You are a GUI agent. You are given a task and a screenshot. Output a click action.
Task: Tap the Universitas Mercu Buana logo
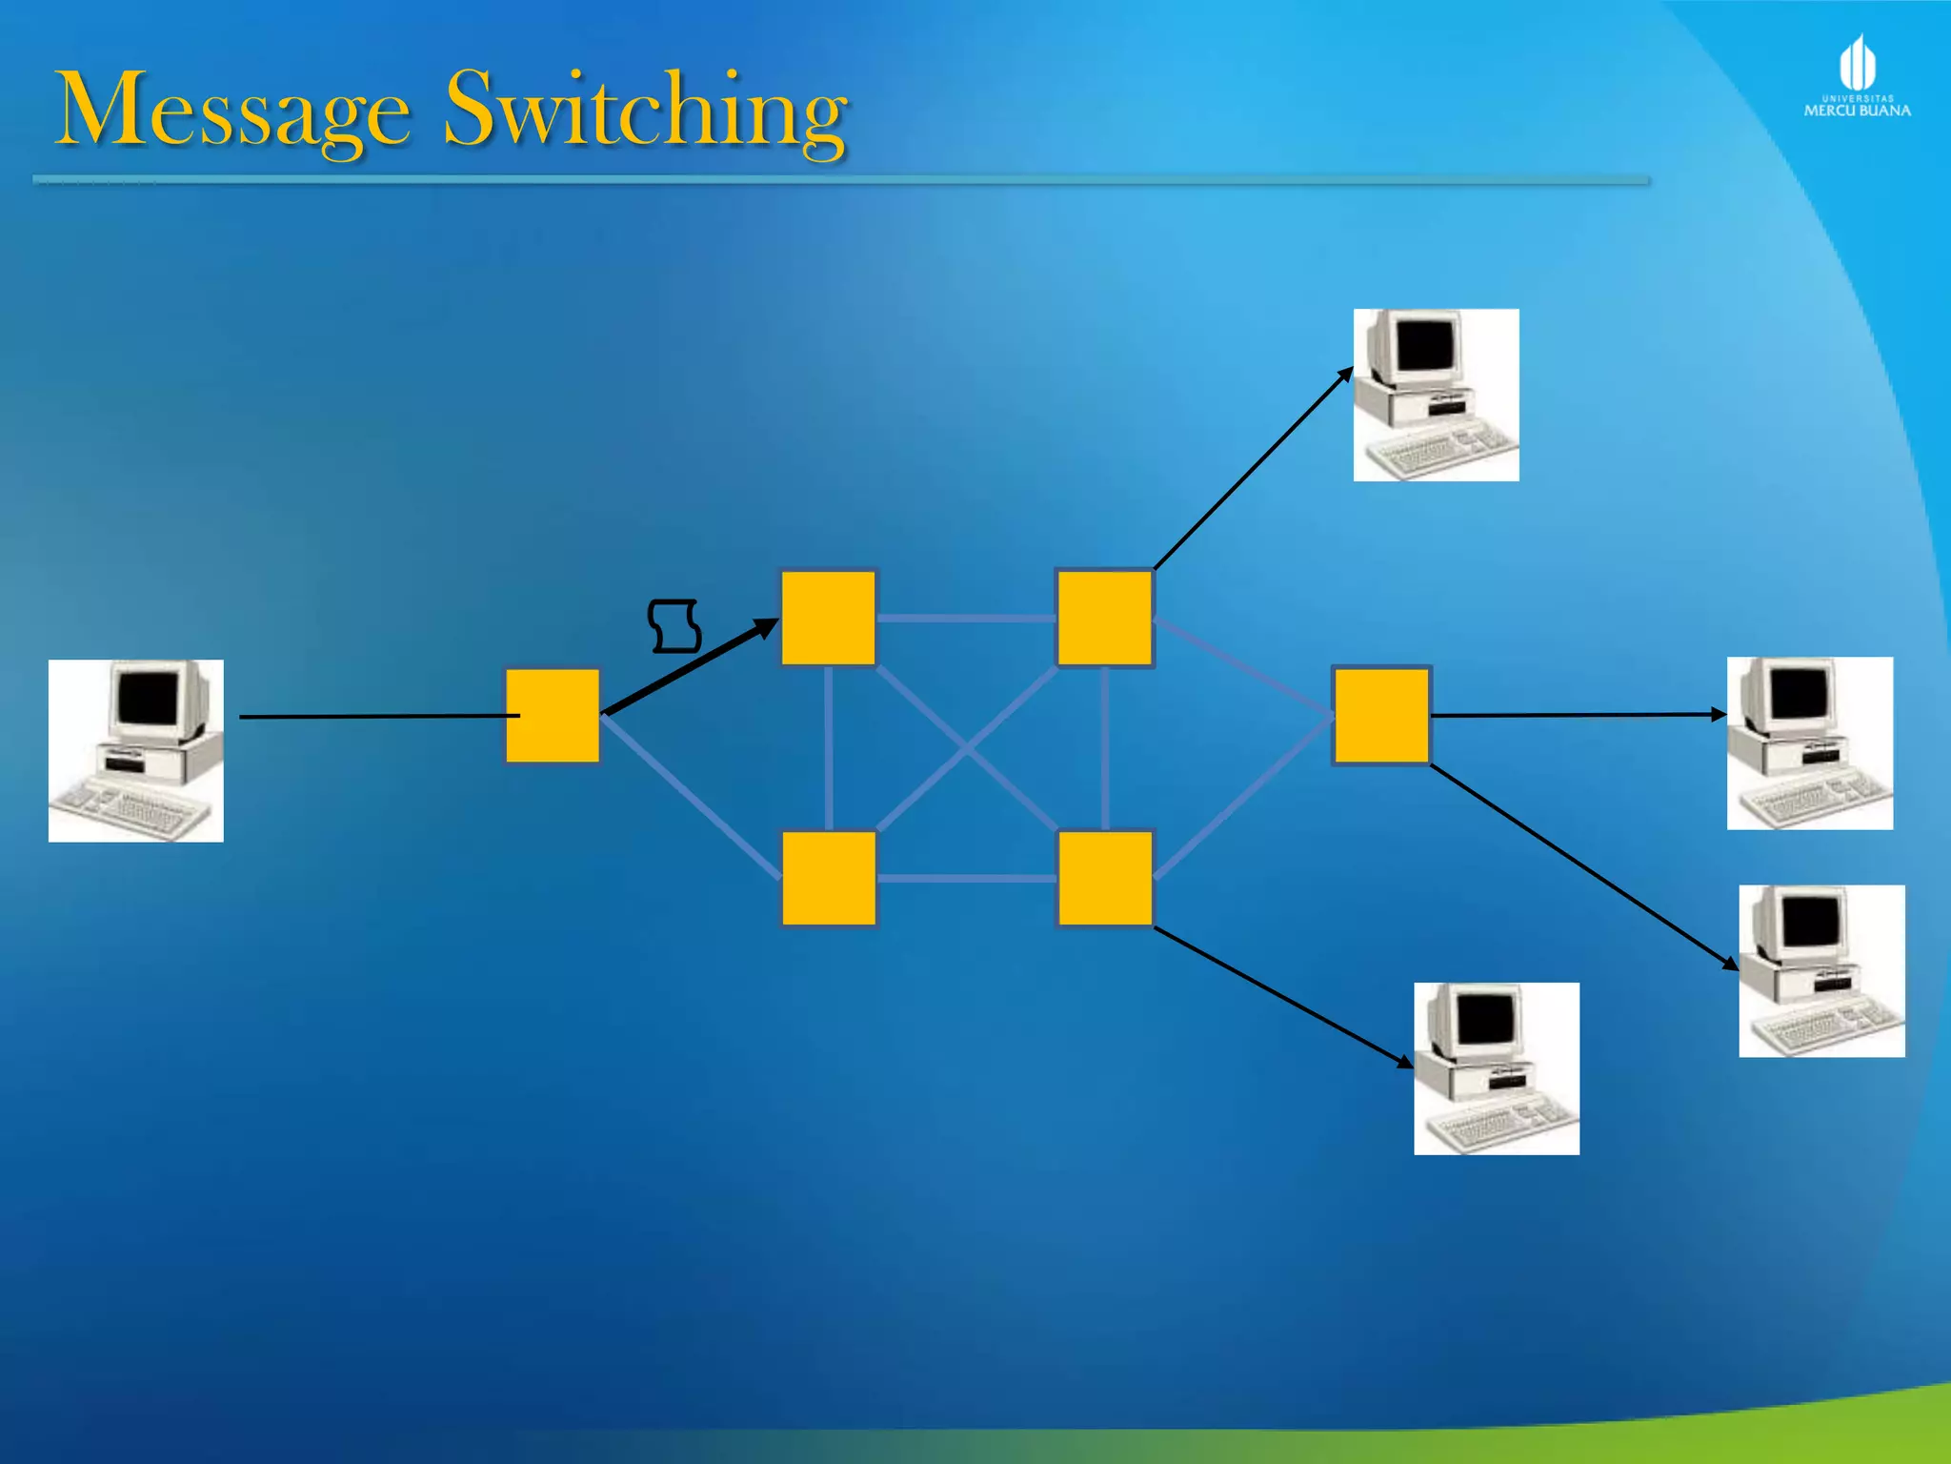point(1857,76)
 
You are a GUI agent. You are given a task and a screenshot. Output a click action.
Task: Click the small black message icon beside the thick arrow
point(674,626)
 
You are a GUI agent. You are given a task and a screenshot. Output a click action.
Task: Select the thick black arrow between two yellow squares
point(691,667)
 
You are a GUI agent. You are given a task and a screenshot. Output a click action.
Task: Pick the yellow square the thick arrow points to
point(828,618)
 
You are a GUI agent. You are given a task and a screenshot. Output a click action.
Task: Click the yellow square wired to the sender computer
point(553,716)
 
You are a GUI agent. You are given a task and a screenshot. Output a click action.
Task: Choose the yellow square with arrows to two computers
point(1381,715)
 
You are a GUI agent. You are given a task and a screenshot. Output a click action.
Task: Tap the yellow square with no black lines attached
point(829,878)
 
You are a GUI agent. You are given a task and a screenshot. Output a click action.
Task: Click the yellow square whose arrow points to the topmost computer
point(1104,618)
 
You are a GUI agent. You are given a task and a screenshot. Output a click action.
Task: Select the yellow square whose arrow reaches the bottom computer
point(1105,878)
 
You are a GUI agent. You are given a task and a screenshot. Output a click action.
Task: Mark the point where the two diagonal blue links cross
point(966,749)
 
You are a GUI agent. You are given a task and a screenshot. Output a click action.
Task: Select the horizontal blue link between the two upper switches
point(966,619)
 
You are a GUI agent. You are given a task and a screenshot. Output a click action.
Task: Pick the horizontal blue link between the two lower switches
point(966,878)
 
